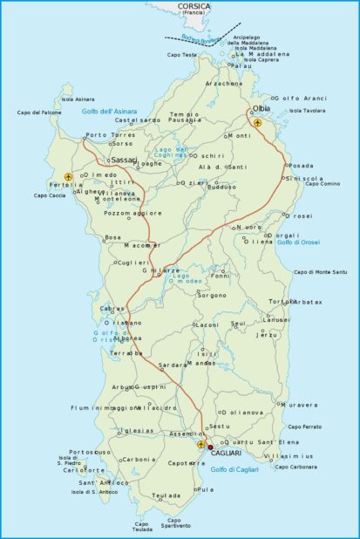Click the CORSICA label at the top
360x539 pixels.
pos(194,6)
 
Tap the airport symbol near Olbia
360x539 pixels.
pos(258,122)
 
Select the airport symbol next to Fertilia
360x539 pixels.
pos(68,177)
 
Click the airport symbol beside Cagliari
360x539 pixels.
pos(201,444)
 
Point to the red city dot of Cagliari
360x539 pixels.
pos(209,447)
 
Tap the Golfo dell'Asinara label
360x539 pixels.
pos(110,112)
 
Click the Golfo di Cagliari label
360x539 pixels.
pos(234,470)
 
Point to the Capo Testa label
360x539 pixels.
pos(182,55)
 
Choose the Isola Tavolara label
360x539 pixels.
pos(307,111)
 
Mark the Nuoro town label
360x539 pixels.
pos(250,227)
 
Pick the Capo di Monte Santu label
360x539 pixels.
pos(320,272)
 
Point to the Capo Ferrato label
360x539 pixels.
pos(304,426)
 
